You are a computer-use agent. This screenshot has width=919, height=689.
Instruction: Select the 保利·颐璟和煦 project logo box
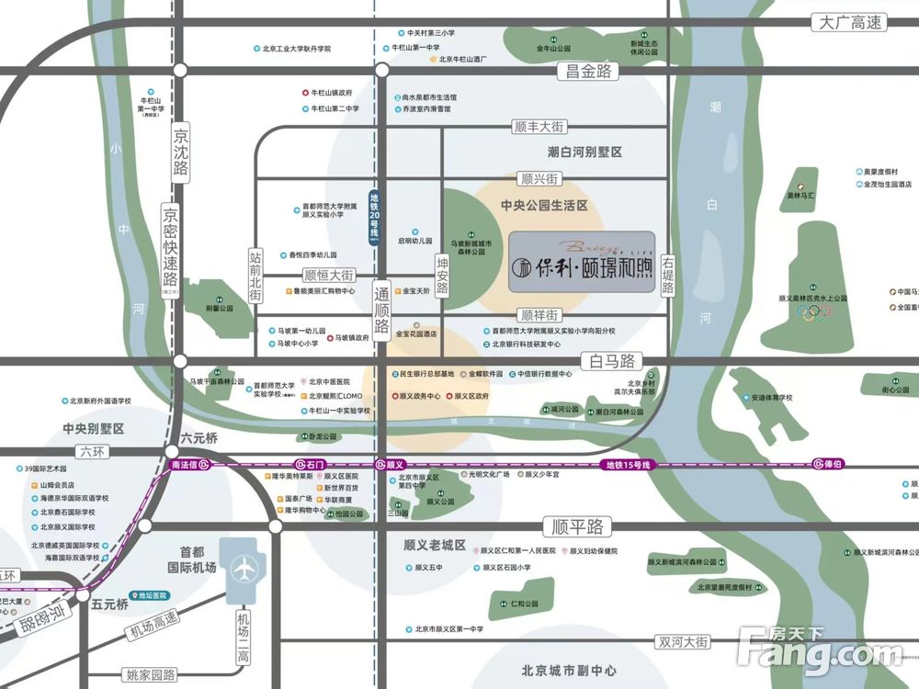coord(582,261)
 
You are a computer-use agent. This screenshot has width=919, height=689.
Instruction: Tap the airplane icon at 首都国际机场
coord(245,568)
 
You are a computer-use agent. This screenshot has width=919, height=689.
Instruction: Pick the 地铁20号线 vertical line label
coord(374,215)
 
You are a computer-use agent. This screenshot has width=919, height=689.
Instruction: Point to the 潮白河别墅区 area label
coord(584,152)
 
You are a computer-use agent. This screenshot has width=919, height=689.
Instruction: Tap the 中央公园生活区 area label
coord(544,206)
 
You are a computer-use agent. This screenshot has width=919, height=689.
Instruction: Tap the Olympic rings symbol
coord(813,311)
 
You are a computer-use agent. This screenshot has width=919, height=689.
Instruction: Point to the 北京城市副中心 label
coord(555,671)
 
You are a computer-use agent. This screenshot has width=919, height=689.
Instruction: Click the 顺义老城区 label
coord(435,545)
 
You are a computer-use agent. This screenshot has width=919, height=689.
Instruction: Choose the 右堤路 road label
coord(667,275)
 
